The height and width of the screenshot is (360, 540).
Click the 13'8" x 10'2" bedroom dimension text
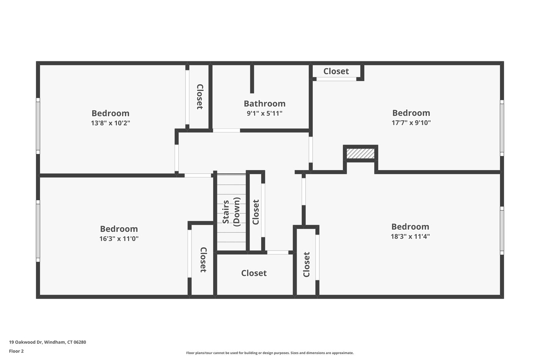tap(110, 123)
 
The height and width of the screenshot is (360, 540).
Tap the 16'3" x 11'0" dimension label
tap(119, 239)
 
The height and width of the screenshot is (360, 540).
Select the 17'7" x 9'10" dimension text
tap(411, 123)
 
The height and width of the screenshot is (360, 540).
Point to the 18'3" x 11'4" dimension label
tap(410, 237)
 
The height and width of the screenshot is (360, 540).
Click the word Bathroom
tap(265, 104)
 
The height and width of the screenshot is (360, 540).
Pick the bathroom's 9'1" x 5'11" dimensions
tap(264, 113)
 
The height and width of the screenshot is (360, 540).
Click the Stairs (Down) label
tap(231, 212)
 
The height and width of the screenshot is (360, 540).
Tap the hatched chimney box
tap(360, 154)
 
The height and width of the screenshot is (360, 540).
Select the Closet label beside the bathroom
tap(200, 96)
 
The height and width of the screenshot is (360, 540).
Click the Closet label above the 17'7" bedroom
tap(336, 71)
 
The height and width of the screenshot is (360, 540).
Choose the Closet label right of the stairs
tap(256, 212)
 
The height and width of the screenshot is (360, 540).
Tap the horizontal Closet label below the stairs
tap(254, 273)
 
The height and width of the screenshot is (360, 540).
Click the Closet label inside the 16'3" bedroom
tap(203, 260)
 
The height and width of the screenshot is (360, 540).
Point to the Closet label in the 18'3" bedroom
tap(306, 265)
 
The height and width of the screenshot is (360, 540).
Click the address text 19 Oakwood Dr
tap(25, 342)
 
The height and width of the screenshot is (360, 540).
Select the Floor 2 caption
tap(17, 351)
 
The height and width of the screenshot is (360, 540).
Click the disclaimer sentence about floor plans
tap(270, 353)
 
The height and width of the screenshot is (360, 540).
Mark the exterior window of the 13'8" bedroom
tap(38, 126)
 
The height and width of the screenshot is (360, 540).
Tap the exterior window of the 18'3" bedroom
tap(502, 230)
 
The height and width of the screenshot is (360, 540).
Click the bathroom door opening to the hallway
tap(226, 130)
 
